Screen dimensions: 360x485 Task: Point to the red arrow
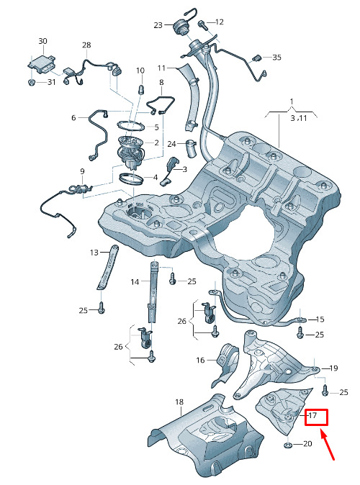click(x=327, y=445)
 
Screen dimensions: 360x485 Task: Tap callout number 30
click(x=42, y=41)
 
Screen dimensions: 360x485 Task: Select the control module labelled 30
click(x=42, y=65)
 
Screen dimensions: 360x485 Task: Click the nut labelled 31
click(x=31, y=82)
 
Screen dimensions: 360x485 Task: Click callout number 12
click(x=219, y=22)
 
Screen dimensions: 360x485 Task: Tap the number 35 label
click(x=276, y=58)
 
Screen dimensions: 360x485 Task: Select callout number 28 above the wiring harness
click(x=86, y=45)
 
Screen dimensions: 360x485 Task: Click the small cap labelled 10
click(x=140, y=90)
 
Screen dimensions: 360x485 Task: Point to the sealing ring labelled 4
click(x=132, y=178)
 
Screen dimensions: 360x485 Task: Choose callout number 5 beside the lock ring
click(x=157, y=127)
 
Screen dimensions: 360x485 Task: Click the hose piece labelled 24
click(x=192, y=148)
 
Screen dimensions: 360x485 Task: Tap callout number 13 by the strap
click(x=94, y=253)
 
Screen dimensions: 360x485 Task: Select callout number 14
click(x=135, y=282)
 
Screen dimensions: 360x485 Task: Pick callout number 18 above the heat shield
click(x=179, y=402)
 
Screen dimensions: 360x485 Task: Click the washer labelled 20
click(x=287, y=445)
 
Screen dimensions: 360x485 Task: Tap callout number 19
click(x=333, y=368)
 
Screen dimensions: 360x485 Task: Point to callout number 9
click(x=82, y=171)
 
